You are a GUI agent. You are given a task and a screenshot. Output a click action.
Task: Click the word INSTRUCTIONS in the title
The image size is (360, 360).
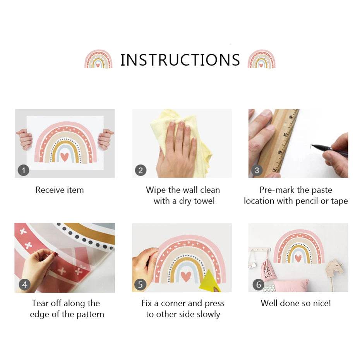pyautogui.click(x=180, y=60)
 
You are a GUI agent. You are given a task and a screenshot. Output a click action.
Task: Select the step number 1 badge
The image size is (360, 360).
pyautogui.click(x=23, y=170)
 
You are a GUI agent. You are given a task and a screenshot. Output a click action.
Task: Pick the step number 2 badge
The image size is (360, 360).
pyautogui.click(x=141, y=170)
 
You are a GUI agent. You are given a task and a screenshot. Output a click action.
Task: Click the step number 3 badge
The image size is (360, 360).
pyautogui.click(x=257, y=170)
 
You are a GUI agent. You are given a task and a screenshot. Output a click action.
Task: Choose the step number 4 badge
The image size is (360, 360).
pyautogui.click(x=24, y=285)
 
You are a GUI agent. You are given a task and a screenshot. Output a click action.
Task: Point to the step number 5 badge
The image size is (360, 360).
pyautogui.click(x=140, y=285)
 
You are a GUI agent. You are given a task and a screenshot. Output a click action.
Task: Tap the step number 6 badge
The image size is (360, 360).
pyautogui.click(x=259, y=285)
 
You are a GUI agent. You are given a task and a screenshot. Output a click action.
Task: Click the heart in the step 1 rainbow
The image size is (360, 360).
pyautogui.click(x=65, y=157)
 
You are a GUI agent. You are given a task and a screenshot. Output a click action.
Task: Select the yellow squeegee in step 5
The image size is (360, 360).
pyautogui.click(x=210, y=281)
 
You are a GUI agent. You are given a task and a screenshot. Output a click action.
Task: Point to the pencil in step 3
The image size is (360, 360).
pyautogui.click(x=330, y=149)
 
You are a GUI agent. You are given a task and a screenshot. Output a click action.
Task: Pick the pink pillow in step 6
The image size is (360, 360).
pyautogui.click(x=291, y=285)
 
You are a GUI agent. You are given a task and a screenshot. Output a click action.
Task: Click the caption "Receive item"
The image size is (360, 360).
pyautogui.click(x=60, y=190)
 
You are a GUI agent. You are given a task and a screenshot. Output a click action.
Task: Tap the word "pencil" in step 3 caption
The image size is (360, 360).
pyautogui.click(x=307, y=201)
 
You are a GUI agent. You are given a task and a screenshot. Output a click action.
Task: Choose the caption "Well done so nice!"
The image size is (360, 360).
pyautogui.click(x=296, y=303)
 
